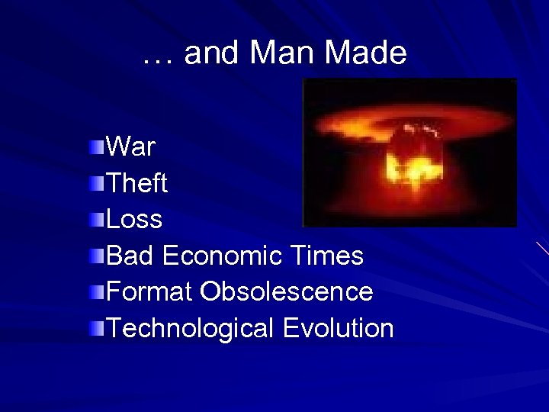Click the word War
point(130,146)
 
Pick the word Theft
point(137,183)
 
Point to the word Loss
point(134,220)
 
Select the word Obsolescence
point(287,291)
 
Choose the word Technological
point(191,328)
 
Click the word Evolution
point(338,328)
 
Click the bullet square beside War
point(96,146)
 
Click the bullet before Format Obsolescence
point(96,291)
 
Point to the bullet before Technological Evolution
point(96,328)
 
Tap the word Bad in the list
point(130,256)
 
